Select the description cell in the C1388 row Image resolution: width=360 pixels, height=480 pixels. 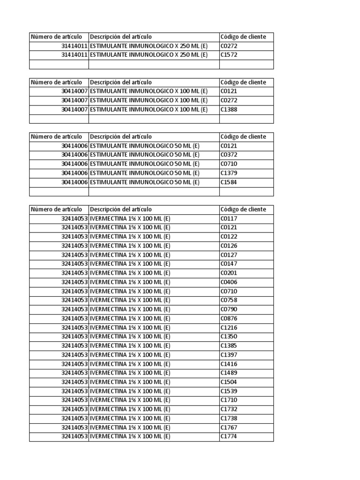pos(149,109)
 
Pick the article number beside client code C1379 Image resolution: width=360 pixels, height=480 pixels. pos(74,173)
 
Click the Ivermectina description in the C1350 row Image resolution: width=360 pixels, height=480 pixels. pos(130,337)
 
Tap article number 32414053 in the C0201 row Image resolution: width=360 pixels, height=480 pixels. pos(74,273)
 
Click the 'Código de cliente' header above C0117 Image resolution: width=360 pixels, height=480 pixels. pos(243,210)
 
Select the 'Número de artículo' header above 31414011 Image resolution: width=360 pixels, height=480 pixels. pos(56,37)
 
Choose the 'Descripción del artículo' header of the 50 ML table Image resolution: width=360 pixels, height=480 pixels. pos(121,137)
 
